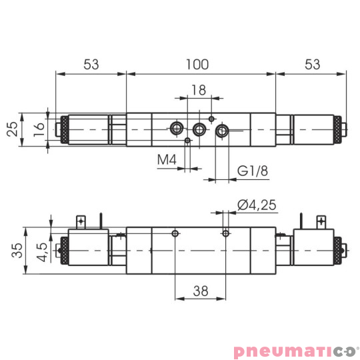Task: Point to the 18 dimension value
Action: tap(198, 90)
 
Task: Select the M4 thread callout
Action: tap(167, 160)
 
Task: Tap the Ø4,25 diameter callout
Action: tap(256, 205)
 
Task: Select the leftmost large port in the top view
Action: tap(177, 128)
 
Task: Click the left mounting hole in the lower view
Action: tap(175, 233)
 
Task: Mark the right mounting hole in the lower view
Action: tap(226, 233)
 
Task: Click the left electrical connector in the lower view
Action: tap(81, 221)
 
